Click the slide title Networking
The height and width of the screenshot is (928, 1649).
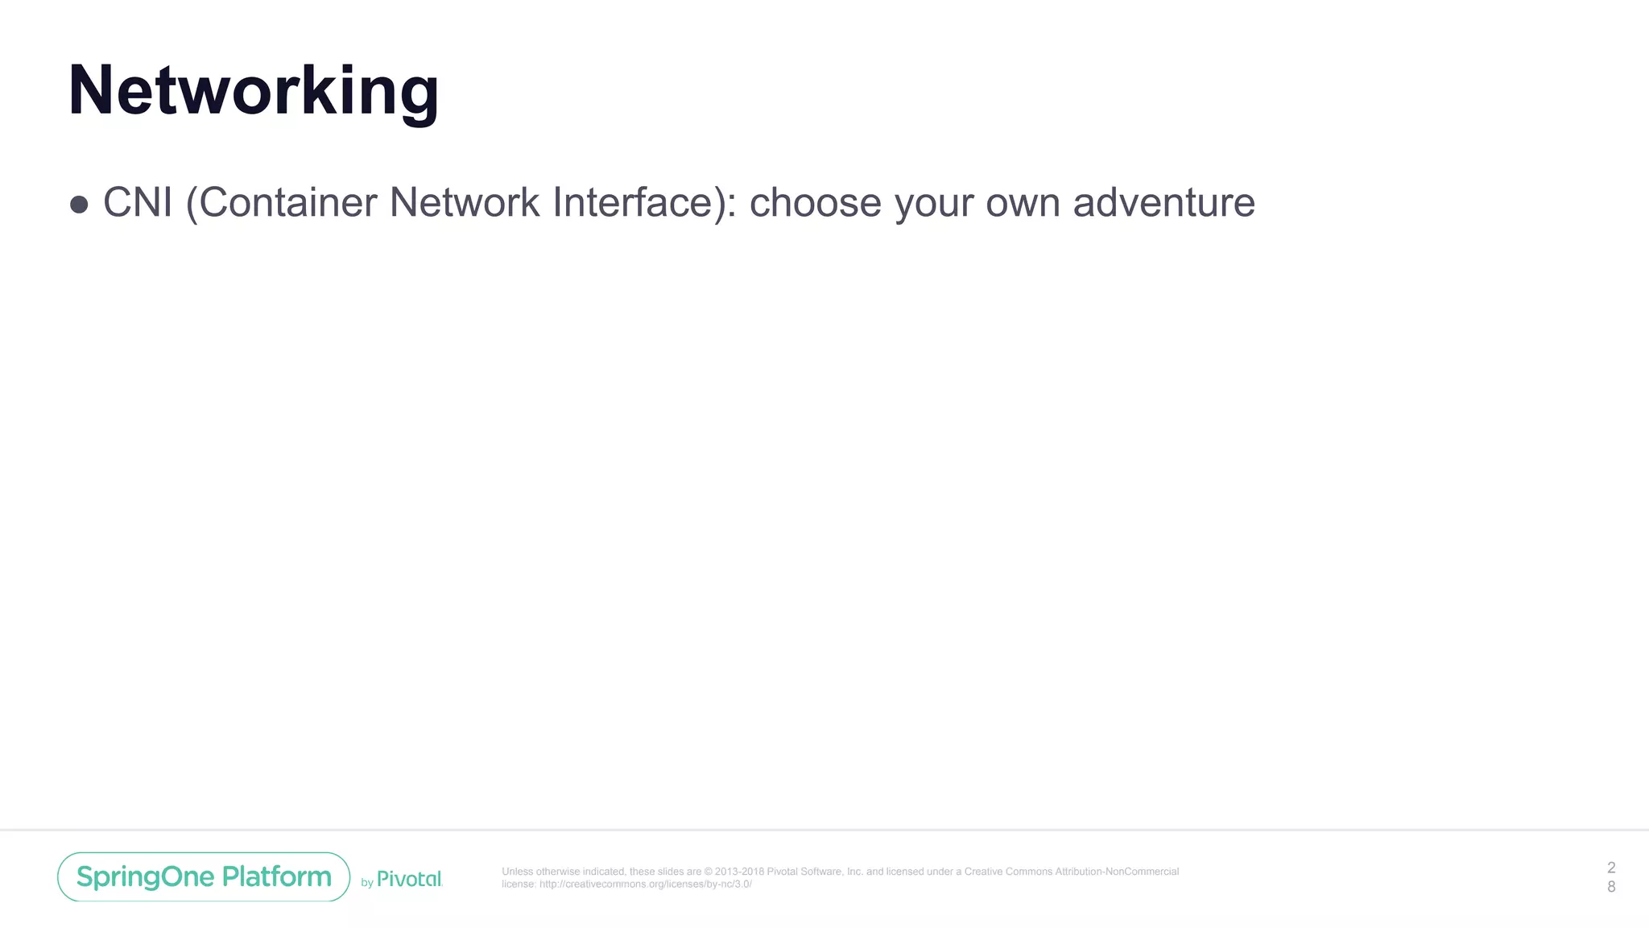(x=254, y=91)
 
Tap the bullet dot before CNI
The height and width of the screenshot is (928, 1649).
(x=79, y=204)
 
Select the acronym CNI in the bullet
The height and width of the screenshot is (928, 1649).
(x=138, y=202)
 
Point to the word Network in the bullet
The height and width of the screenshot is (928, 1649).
(x=465, y=202)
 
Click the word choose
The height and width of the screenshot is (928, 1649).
(x=815, y=202)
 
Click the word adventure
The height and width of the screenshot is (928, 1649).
(x=1163, y=202)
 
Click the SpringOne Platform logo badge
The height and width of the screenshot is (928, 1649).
(x=204, y=876)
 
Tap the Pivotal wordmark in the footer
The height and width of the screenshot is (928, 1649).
(x=409, y=879)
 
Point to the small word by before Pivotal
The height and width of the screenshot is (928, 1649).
(x=367, y=883)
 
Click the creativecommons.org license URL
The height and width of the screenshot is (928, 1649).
(x=645, y=884)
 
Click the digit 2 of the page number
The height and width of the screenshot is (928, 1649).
(x=1611, y=868)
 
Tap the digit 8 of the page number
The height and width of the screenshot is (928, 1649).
(x=1611, y=886)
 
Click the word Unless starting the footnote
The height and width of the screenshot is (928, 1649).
(x=517, y=872)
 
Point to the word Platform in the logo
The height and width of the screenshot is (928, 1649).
(x=276, y=876)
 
